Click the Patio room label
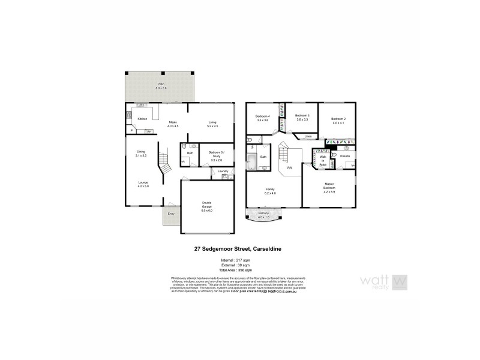(161, 85)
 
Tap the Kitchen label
(142, 119)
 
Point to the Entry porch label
(171, 214)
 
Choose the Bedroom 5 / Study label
(215, 154)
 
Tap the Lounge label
(143, 183)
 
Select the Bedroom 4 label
(262, 118)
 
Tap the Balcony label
(263, 214)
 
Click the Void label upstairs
(289, 167)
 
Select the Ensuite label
(344, 157)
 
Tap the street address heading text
(239, 247)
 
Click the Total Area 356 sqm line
(239, 271)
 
